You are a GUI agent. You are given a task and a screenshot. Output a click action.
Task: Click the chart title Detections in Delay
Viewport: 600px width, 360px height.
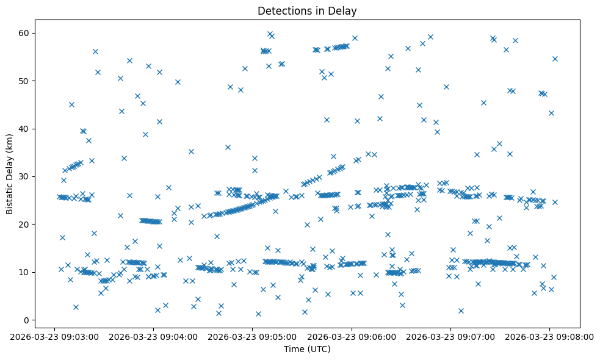click(307, 10)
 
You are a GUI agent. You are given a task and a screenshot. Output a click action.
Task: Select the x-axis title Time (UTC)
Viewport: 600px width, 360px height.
click(307, 349)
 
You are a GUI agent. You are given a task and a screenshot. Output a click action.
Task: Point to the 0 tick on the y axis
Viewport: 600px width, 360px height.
click(27, 320)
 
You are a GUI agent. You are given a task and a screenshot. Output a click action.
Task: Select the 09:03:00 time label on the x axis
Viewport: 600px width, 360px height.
click(54, 336)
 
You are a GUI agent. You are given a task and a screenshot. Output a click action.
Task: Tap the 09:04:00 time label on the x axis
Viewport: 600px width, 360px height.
click(153, 336)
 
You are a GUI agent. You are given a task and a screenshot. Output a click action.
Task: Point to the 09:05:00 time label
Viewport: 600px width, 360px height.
click(252, 336)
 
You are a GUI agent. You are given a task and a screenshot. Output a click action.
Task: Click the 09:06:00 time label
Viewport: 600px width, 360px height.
click(352, 336)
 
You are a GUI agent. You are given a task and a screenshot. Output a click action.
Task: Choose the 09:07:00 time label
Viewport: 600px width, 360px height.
click(450, 336)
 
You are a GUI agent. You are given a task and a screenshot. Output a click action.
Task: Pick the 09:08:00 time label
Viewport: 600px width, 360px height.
click(549, 336)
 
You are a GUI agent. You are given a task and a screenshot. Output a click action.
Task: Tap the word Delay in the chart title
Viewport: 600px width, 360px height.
click(344, 10)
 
